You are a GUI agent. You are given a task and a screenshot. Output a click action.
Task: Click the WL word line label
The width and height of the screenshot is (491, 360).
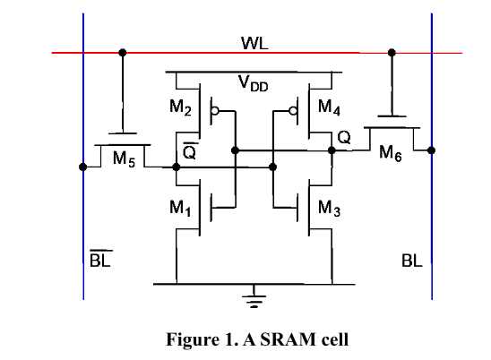(x=249, y=43)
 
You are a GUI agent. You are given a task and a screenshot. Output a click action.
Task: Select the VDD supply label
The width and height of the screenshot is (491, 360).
(x=254, y=84)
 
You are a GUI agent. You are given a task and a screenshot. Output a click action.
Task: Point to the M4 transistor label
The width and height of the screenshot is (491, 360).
(x=330, y=111)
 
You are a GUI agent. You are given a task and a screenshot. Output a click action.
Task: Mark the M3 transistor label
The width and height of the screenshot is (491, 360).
(x=330, y=210)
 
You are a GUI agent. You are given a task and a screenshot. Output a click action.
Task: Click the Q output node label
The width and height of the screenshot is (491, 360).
(x=344, y=138)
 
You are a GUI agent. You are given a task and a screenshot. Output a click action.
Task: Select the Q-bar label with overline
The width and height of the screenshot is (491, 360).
(x=189, y=152)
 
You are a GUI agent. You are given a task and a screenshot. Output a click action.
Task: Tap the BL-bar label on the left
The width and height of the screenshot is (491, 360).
(x=99, y=262)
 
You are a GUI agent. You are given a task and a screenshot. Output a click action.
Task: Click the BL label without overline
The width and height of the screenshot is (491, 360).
(x=411, y=263)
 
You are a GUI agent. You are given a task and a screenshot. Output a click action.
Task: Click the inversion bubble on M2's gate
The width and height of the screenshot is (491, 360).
(x=213, y=113)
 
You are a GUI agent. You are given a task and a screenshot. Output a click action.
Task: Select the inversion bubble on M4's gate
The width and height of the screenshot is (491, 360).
(x=292, y=113)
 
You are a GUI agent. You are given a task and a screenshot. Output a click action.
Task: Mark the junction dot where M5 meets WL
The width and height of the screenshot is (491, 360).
(x=123, y=53)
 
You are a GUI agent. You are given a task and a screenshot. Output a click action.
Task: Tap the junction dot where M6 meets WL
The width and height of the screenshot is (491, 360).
(x=391, y=53)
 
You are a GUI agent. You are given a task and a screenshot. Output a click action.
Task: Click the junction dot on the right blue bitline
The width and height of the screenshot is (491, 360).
(x=431, y=150)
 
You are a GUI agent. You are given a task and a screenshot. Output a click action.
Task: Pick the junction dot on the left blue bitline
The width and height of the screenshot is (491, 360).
(x=83, y=167)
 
